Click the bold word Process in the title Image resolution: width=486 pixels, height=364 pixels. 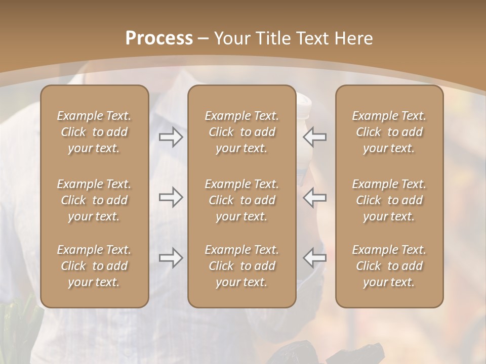pos(159,38)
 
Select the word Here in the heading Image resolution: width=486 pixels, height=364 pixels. pos(354,38)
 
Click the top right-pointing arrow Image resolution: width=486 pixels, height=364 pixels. pos(171,136)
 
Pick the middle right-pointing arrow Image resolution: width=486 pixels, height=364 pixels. pos(171,197)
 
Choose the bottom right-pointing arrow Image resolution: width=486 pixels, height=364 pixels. pos(171,258)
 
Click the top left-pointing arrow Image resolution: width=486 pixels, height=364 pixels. pos(315,136)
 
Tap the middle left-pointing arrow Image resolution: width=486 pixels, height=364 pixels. pos(315,197)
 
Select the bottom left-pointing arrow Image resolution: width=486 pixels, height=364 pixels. pos(315,258)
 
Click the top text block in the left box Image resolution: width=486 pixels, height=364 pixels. pos(94,132)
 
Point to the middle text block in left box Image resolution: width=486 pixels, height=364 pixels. pos(94,200)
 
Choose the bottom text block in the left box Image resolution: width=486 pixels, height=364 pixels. pos(94,266)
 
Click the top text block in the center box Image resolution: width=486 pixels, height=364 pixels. pos(241,132)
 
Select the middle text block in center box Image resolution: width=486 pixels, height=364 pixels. pos(241,200)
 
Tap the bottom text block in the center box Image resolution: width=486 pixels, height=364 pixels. pos(241,266)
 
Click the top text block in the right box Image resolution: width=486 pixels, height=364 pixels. pos(389,132)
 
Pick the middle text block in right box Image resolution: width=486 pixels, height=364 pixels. pos(389,200)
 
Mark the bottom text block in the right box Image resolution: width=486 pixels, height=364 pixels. pos(389,266)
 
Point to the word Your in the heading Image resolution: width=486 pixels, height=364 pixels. pos(231,38)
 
